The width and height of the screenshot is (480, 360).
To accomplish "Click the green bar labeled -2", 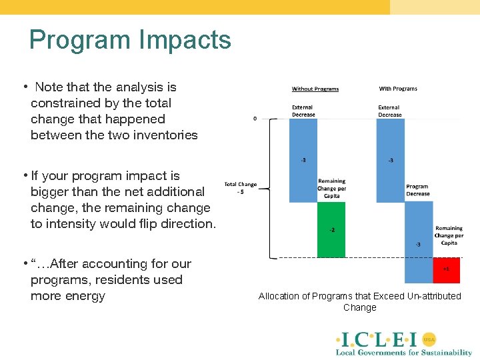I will click(x=331, y=229).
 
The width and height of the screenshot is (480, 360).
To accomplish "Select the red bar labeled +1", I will click(x=446, y=270).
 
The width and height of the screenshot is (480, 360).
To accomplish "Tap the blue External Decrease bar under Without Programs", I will click(x=303, y=160).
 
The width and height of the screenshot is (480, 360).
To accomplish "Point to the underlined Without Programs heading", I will click(x=315, y=89).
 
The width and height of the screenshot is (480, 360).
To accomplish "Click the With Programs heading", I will click(x=398, y=89).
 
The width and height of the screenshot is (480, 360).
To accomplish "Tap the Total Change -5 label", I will click(x=240, y=189).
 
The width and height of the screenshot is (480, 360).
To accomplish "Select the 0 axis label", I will click(x=255, y=119).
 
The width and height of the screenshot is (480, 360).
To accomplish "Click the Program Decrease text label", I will click(x=418, y=191).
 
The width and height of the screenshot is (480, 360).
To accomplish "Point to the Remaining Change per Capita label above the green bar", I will click(x=331, y=188).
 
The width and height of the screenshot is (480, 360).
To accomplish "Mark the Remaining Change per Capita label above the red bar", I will click(x=448, y=236).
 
